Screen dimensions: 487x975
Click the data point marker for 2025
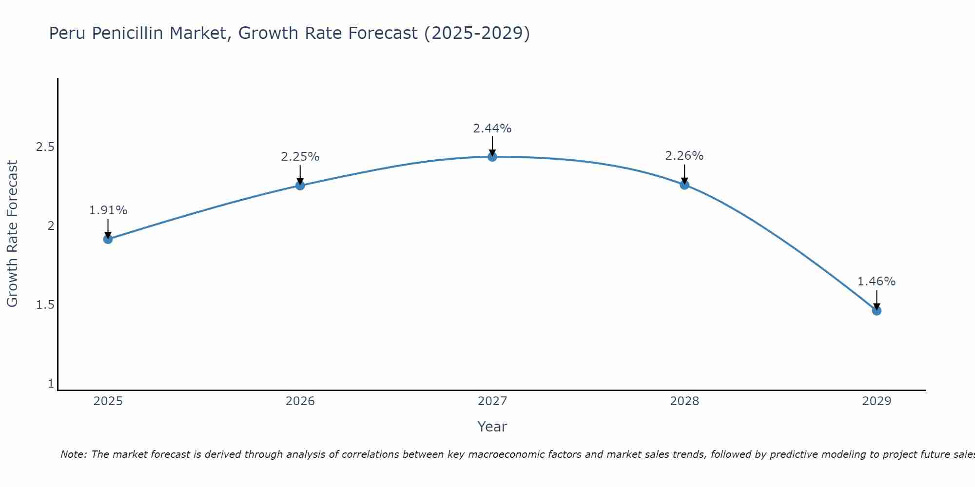tap(108, 239)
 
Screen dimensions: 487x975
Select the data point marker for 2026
tap(300, 186)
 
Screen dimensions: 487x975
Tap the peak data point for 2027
tap(492, 157)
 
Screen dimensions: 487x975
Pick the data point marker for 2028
tap(684, 185)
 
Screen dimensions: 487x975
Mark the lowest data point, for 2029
tap(877, 311)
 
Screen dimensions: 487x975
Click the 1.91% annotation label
tap(108, 210)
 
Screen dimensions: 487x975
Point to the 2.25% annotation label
tap(300, 157)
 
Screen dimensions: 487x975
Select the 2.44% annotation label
tap(492, 129)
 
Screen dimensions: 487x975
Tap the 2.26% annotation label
tap(684, 156)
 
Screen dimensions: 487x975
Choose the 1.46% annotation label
tap(877, 281)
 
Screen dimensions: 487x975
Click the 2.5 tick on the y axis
tap(45, 147)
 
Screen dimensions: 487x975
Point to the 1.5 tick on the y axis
tap(45, 305)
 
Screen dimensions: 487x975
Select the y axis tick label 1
tap(51, 384)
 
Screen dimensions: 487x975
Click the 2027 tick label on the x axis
tap(492, 401)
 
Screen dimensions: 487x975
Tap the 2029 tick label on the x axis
tap(877, 401)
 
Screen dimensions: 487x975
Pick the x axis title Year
tap(492, 427)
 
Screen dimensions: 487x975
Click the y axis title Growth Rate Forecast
tap(12, 234)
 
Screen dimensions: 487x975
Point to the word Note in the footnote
tap(73, 454)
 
